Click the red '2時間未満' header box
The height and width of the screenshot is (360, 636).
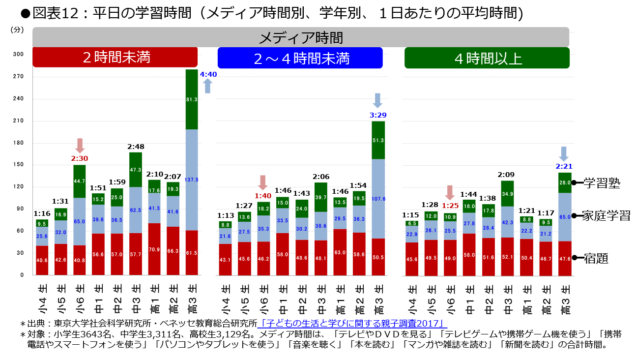[115, 58]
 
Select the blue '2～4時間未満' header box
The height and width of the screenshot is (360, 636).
[300, 58]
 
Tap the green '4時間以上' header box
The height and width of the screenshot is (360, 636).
[487, 58]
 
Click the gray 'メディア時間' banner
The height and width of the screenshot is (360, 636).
[301, 37]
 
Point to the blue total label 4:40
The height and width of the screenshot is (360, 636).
[208, 74]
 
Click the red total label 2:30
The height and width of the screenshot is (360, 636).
[80, 158]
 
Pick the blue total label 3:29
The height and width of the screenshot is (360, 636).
[377, 115]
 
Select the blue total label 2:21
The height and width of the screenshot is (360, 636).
[564, 166]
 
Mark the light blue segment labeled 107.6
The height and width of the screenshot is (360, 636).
[378, 199]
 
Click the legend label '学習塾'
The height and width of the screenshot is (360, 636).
[601, 183]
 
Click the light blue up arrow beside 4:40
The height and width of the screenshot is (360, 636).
[207, 86]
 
